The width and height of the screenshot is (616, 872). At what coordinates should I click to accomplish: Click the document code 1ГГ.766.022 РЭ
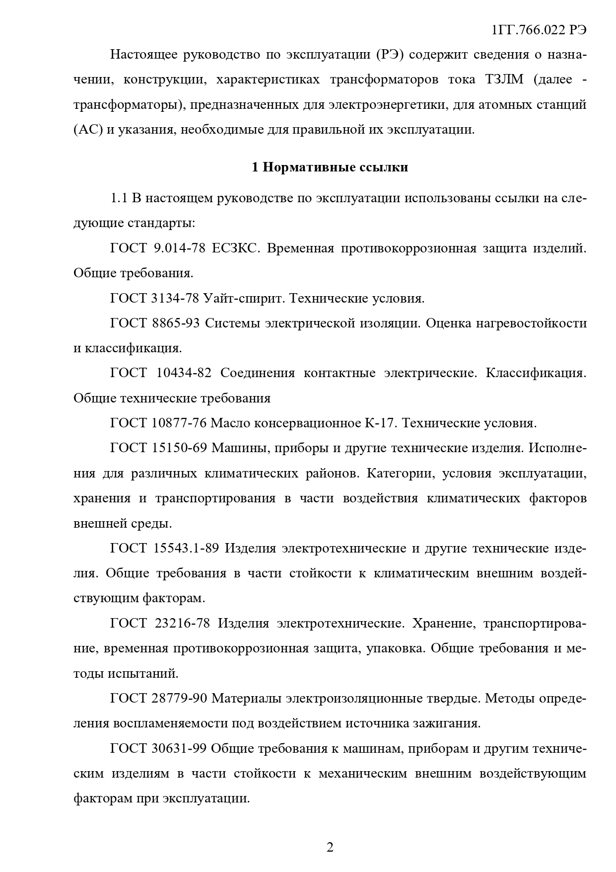click(x=539, y=30)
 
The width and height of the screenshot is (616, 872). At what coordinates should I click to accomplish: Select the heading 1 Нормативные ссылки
click(x=330, y=167)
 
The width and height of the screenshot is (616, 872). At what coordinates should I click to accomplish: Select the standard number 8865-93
click(x=175, y=323)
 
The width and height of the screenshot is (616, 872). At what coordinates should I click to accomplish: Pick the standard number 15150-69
click(x=179, y=448)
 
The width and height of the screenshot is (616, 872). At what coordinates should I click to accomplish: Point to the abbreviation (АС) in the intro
click(x=88, y=130)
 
